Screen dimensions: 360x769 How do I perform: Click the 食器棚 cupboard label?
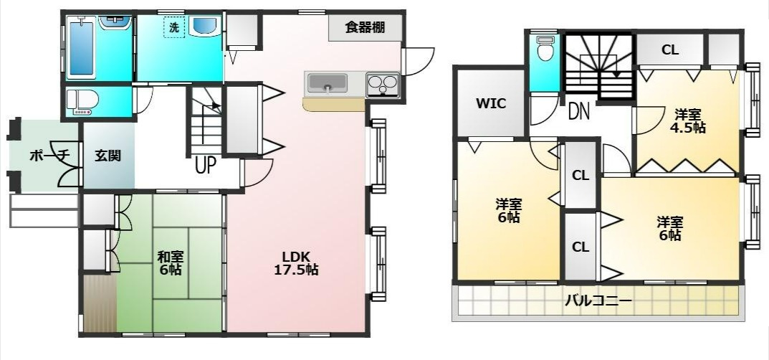(366, 28)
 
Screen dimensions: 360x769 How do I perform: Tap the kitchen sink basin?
(327, 83)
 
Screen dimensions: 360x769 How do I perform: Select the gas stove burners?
(383, 85)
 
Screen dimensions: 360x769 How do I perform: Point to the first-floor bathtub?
(81, 51)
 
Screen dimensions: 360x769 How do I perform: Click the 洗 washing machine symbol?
(173, 29)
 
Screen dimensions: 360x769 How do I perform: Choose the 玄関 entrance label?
(108, 156)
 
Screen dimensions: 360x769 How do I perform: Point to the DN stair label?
(579, 111)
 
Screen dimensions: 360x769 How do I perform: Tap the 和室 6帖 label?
(170, 263)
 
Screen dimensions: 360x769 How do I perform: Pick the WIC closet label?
(491, 103)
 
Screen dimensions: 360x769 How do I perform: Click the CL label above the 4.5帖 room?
(670, 50)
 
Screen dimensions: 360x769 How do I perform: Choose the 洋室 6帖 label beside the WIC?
(508, 209)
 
